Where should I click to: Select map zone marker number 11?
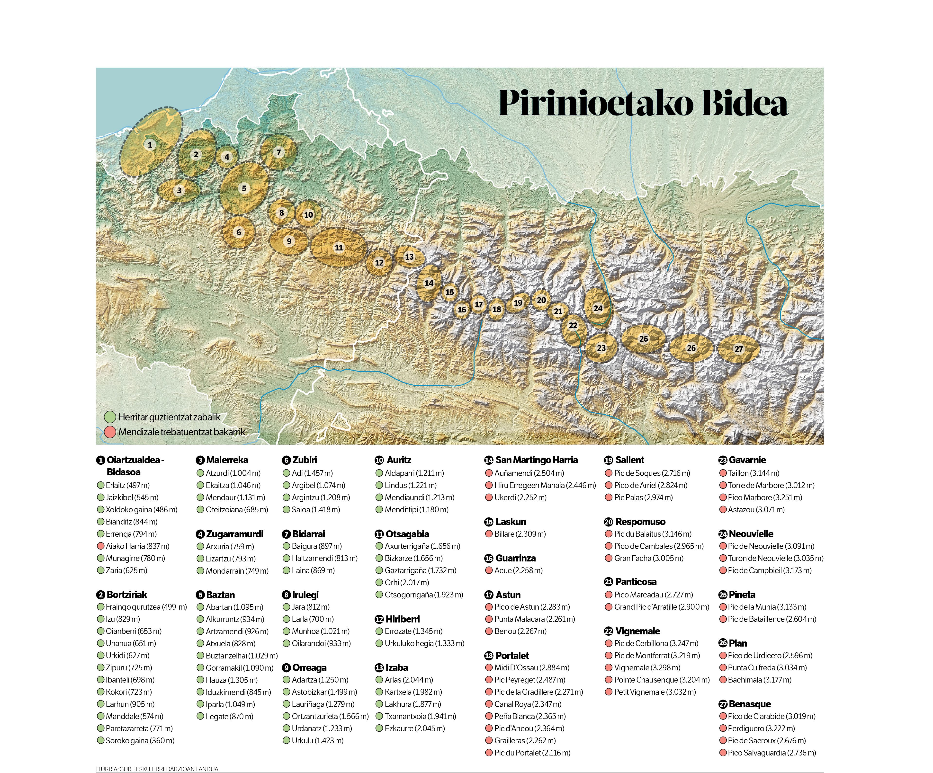click(339, 248)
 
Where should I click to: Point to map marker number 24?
click(598, 308)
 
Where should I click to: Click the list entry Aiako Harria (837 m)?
click(137, 546)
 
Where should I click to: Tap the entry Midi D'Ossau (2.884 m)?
click(531, 668)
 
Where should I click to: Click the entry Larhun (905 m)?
click(130, 704)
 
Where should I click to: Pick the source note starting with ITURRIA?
click(158, 769)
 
